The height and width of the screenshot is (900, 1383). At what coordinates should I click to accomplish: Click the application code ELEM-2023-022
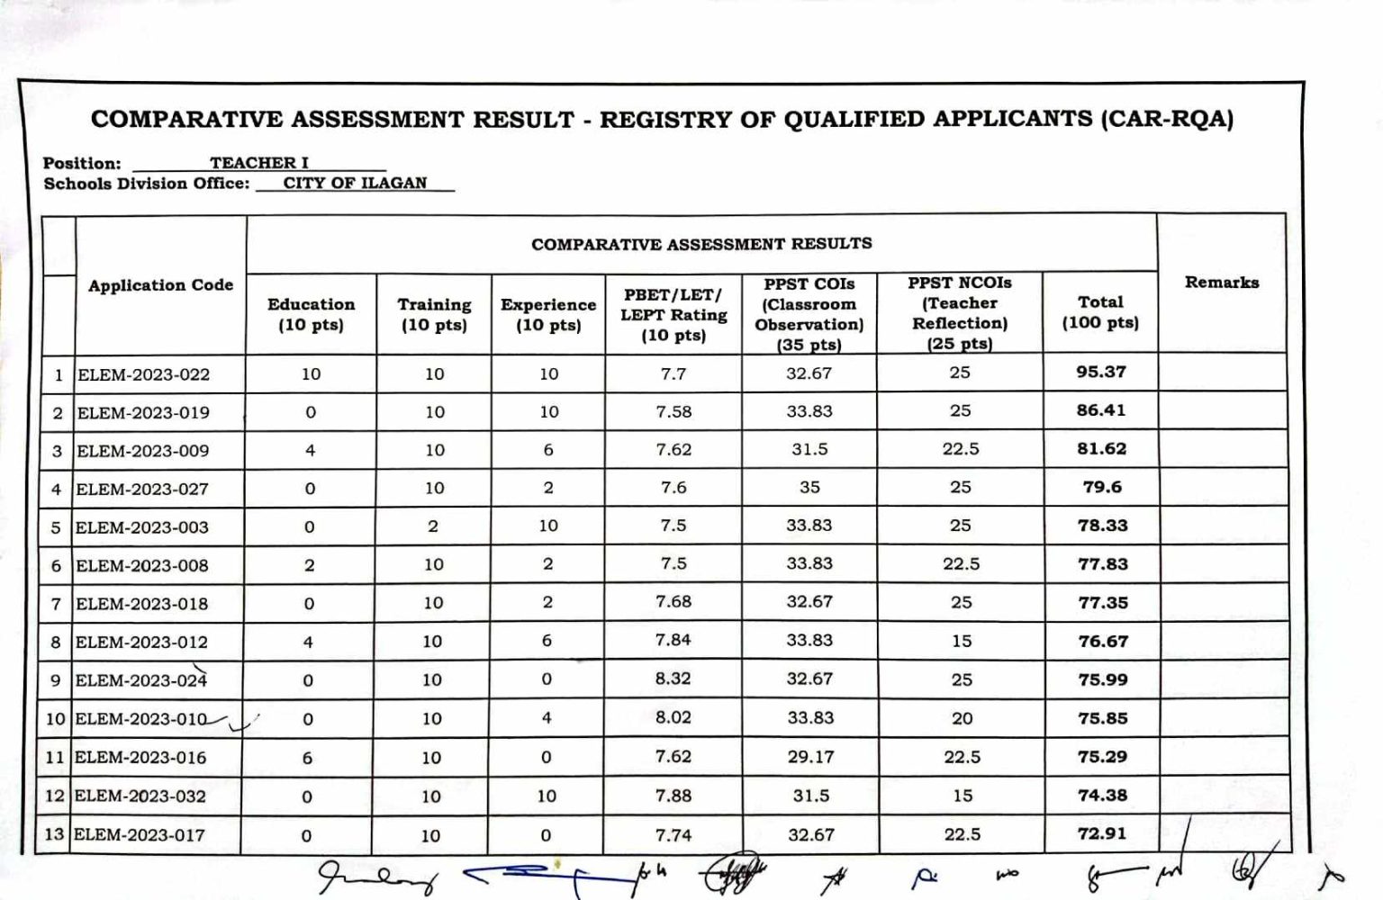143,374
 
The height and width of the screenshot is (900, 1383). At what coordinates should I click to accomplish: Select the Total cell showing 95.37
1100,372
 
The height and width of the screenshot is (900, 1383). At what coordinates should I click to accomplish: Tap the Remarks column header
1221,283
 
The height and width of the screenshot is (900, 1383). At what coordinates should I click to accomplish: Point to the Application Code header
160,285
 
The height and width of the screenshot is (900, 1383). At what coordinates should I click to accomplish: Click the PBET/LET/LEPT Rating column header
673,315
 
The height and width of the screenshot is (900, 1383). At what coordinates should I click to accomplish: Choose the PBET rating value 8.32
673,679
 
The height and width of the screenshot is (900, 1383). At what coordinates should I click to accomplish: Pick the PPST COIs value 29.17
810,757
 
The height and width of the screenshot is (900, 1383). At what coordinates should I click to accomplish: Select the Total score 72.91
1102,833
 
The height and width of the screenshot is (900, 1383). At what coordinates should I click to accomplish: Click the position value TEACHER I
259,163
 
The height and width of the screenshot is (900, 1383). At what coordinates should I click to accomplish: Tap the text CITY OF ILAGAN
355,183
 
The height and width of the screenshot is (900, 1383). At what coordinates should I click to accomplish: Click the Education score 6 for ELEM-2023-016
307,758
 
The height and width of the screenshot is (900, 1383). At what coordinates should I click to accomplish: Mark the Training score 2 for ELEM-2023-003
433,526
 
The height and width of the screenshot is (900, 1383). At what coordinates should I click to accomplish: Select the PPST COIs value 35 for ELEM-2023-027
809,487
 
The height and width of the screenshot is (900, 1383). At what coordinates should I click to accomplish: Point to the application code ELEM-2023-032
140,796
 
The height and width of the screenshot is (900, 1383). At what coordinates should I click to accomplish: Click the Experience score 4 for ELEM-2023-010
547,718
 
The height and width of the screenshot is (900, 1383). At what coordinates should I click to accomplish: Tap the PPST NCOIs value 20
962,718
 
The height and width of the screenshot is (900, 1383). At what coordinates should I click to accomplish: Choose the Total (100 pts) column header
1100,312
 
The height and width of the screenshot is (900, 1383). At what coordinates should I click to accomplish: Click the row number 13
55,834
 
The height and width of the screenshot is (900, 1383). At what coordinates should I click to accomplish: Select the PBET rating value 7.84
673,640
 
